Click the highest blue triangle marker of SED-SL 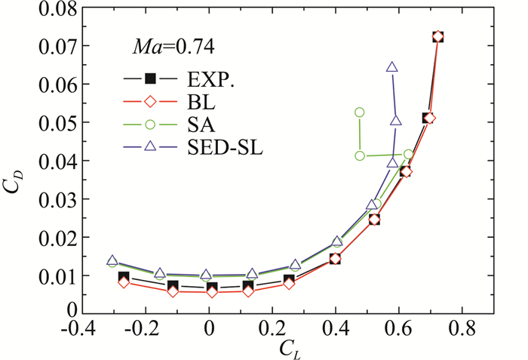(392, 67)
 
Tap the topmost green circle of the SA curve (360, 112)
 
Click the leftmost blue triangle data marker (112, 261)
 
